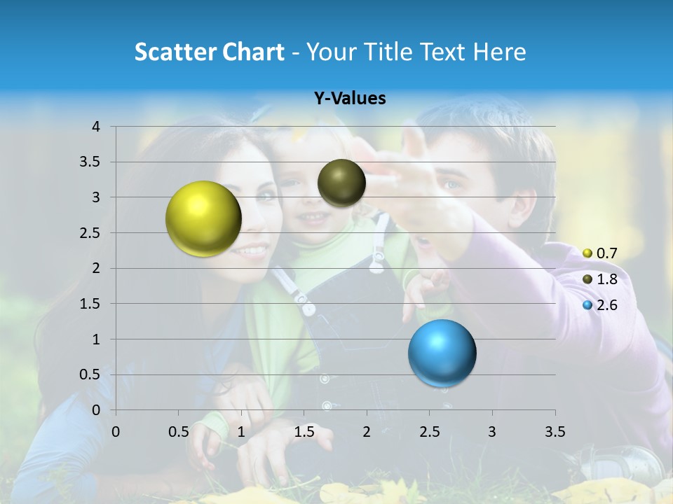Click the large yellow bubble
point(203,218)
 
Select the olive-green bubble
point(341,183)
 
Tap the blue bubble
point(442,353)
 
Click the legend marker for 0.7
point(587,253)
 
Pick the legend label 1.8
point(606,279)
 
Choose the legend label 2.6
point(606,305)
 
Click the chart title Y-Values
point(350,99)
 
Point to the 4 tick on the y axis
point(96,126)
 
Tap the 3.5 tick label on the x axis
point(555,431)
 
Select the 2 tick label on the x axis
point(367,431)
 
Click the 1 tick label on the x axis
point(241,431)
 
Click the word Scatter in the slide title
point(175,52)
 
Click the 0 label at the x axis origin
point(116,431)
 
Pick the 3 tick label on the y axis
point(96,197)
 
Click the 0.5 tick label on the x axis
point(178,431)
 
